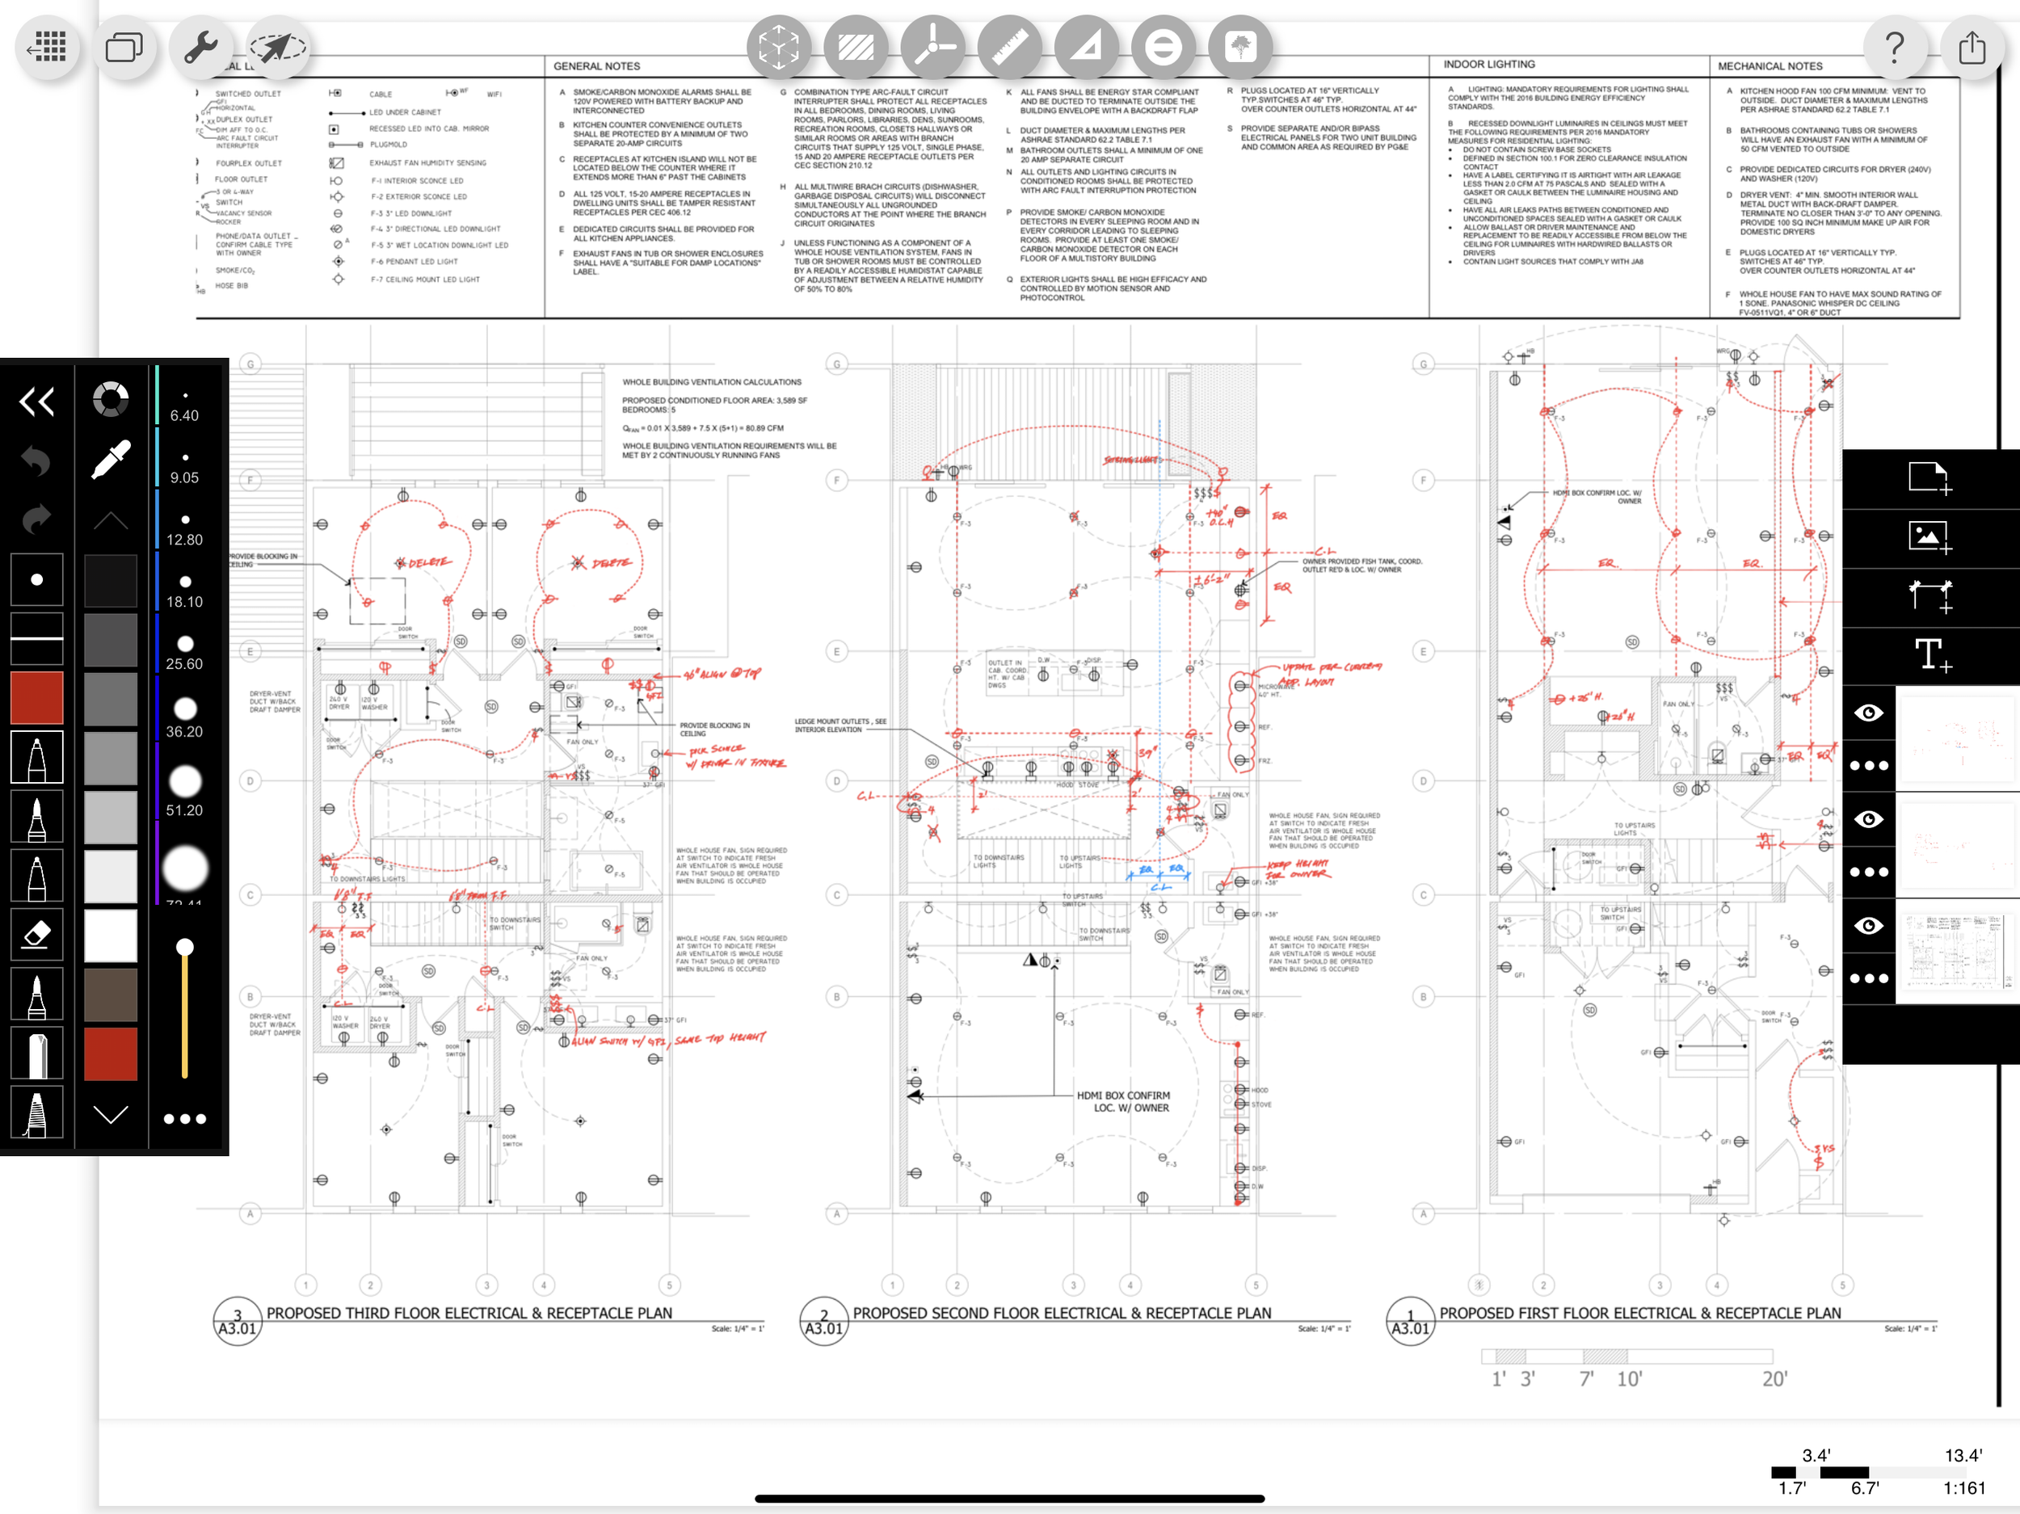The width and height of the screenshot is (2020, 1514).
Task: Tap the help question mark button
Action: [x=1895, y=46]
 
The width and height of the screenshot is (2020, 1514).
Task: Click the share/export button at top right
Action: [x=1972, y=46]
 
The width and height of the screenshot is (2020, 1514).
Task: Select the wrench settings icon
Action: [x=200, y=47]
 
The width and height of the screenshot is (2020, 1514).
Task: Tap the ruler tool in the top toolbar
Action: [x=1009, y=47]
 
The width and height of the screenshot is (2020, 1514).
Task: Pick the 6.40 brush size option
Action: [x=184, y=405]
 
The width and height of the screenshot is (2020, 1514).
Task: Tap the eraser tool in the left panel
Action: [x=36, y=934]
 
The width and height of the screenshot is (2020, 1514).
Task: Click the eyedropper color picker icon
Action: [x=111, y=460]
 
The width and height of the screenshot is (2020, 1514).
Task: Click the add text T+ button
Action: [x=1931, y=654]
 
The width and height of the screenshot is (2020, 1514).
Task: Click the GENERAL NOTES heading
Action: [x=596, y=65]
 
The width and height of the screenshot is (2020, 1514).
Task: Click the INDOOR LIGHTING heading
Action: [x=1488, y=64]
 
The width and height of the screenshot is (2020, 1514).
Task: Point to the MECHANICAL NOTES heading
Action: [x=1769, y=65]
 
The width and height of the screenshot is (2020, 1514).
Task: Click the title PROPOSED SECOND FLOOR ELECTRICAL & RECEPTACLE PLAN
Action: [x=1061, y=1312]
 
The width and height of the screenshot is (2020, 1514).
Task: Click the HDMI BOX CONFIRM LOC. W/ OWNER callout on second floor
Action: [x=1122, y=1101]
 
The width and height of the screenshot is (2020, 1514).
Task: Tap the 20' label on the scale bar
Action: [x=1774, y=1378]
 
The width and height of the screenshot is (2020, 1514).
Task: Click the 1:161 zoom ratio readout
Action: [x=1963, y=1487]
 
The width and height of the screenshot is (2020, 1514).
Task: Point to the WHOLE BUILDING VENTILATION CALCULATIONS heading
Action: [x=711, y=381]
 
